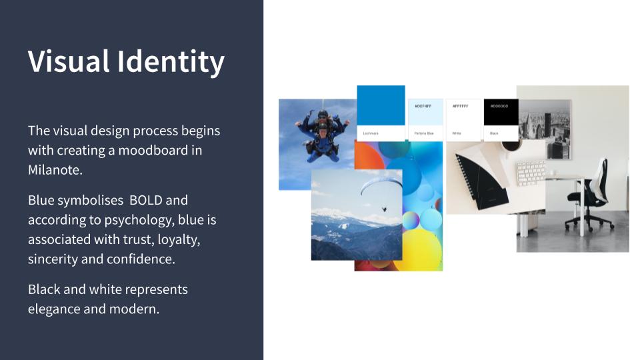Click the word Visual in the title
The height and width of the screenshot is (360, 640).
(x=69, y=62)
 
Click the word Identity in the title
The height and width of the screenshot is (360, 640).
(x=171, y=62)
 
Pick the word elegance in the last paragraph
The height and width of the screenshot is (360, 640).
(x=59, y=309)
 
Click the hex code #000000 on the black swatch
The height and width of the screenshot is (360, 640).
(x=499, y=106)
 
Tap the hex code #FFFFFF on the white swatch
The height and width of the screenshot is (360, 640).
(x=460, y=106)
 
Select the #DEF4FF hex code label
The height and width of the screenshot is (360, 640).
(x=423, y=106)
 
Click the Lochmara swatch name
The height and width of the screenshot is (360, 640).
(x=371, y=133)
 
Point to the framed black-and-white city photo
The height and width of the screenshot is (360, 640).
(x=544, y=127)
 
